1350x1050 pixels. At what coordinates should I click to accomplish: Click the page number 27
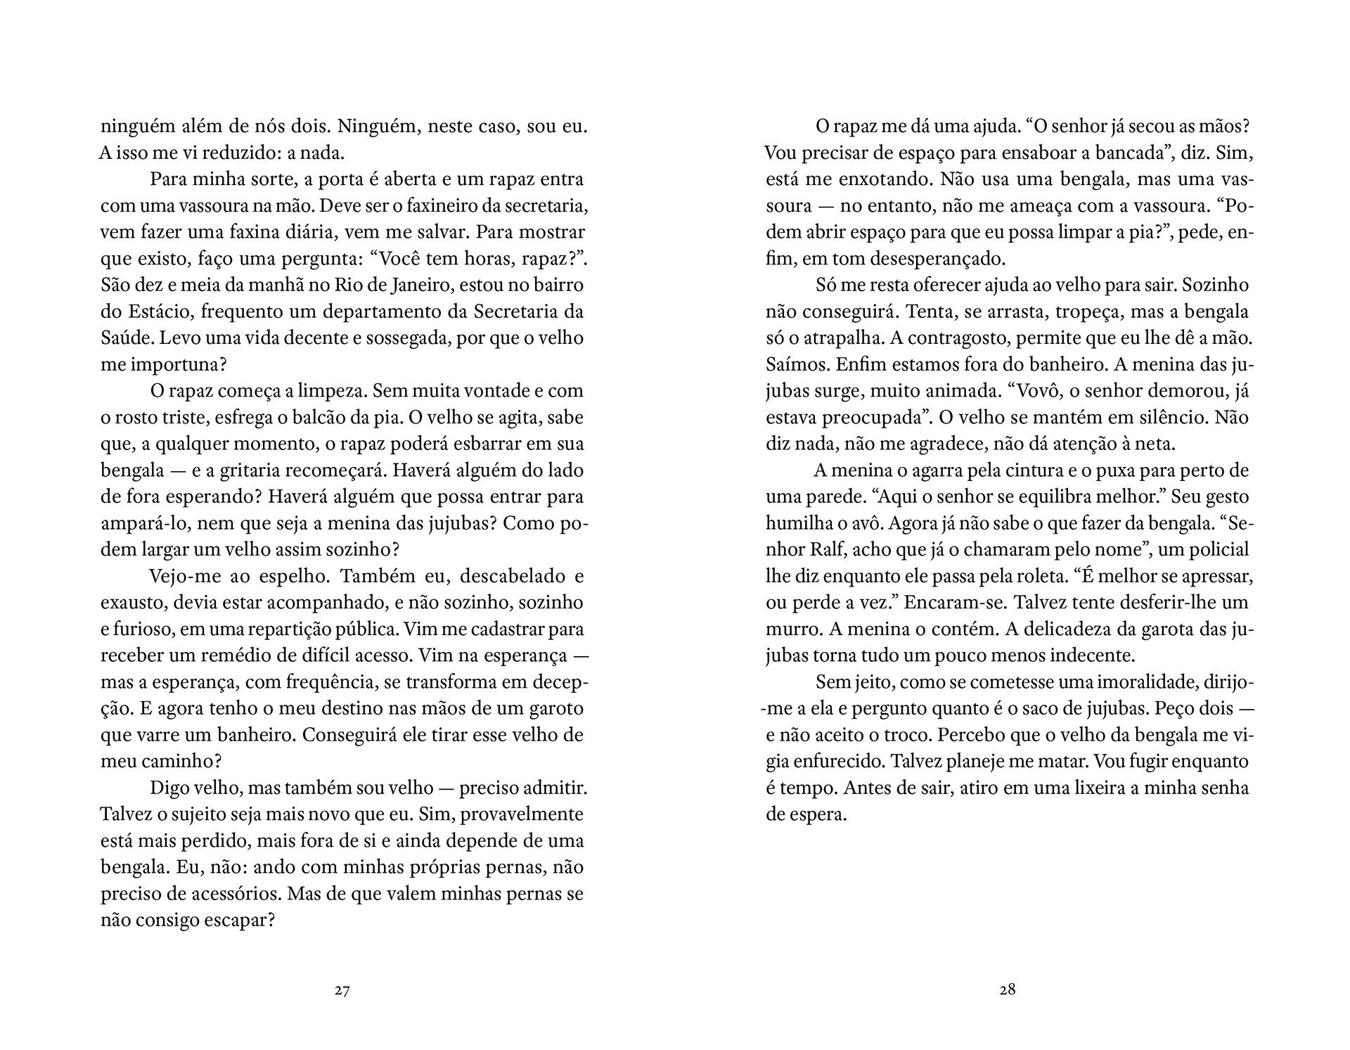342,990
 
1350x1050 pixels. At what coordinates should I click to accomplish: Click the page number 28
1007,990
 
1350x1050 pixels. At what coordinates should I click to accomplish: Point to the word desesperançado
937,259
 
